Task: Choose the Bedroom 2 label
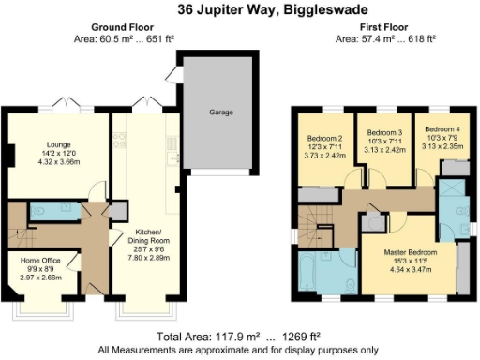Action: click(322, 140)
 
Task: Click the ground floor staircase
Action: click(19, 231)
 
